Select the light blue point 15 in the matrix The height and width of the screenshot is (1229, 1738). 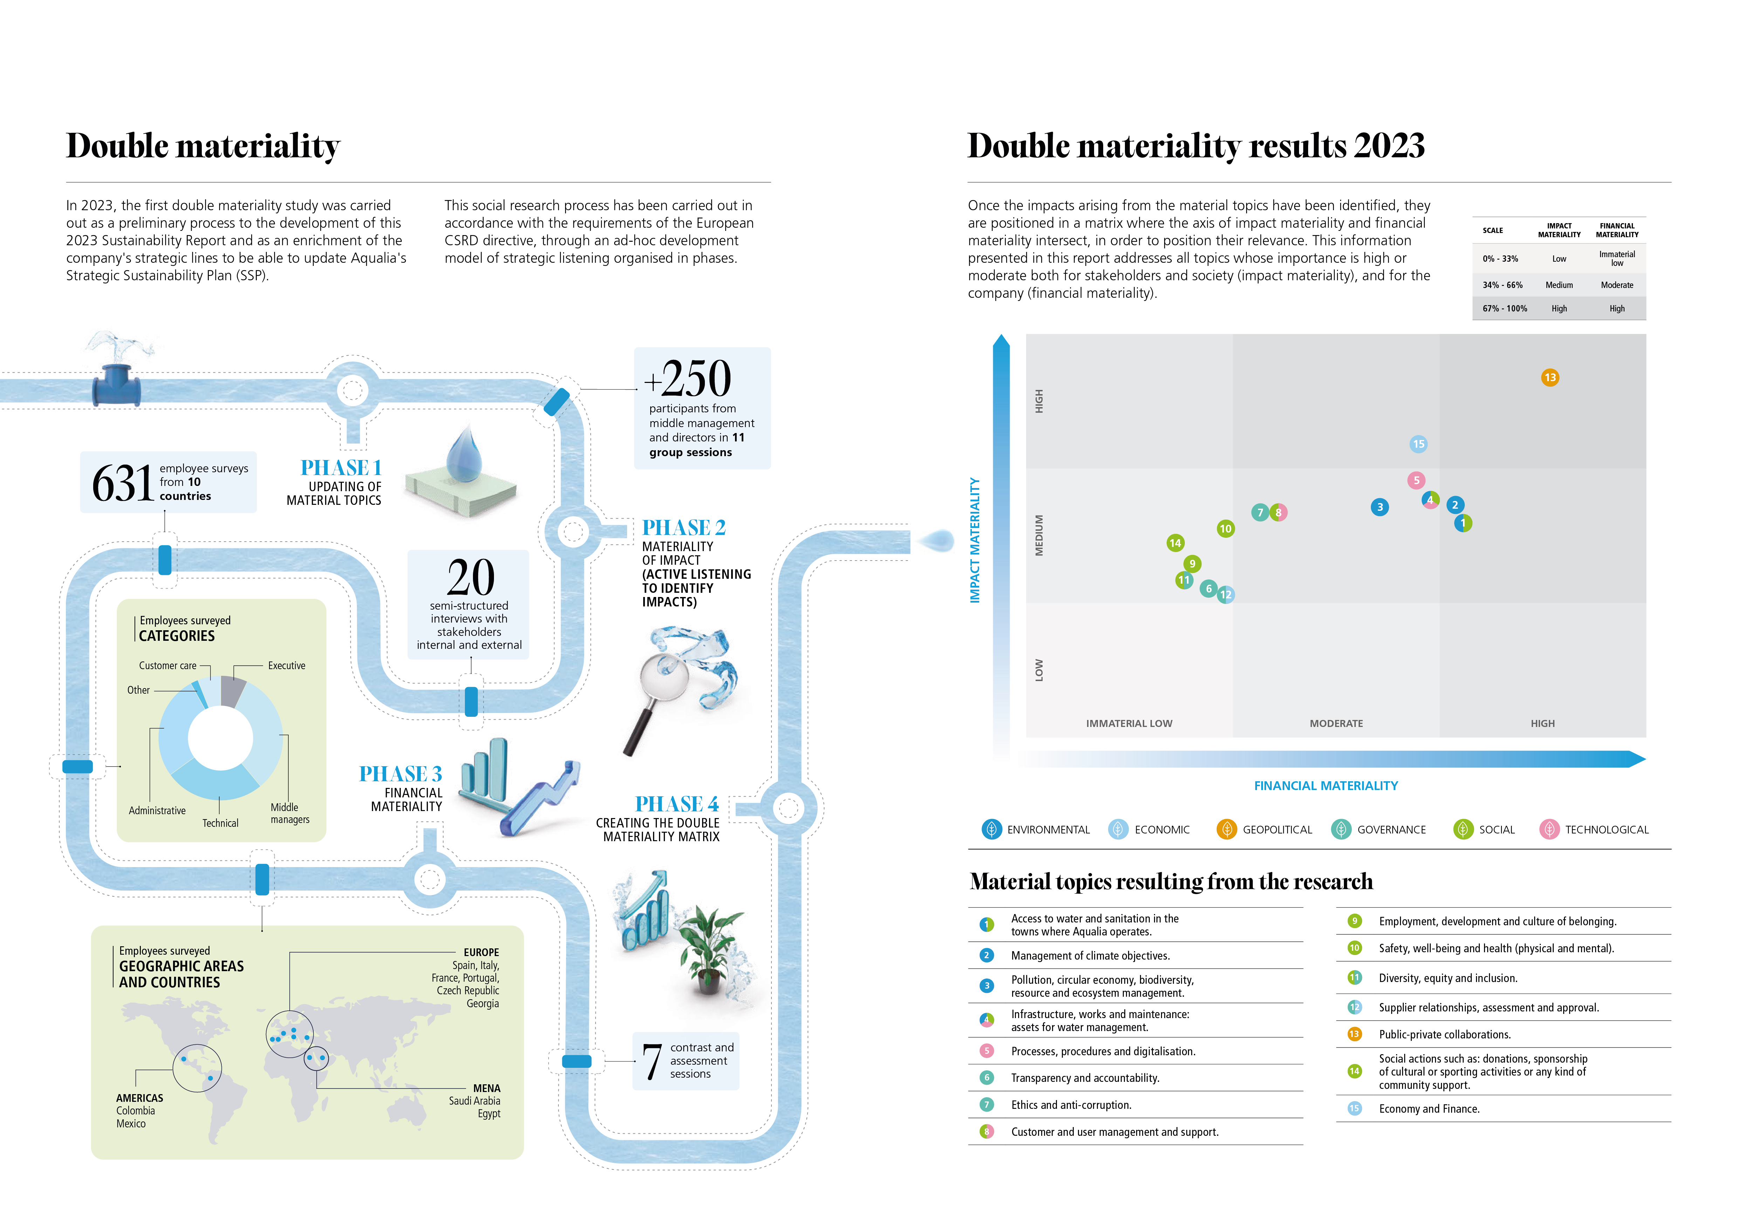tap(1418, 444)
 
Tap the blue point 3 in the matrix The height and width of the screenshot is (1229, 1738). tap(1379, 507)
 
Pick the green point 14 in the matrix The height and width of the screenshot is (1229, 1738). tap(1175, 543)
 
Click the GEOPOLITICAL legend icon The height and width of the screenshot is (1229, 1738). tap(1226, 829)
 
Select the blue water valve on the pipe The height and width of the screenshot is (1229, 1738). tap(117, 386)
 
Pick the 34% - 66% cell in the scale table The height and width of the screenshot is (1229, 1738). tap(1502, 285)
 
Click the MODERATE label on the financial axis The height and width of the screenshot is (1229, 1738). tap(1336, 723)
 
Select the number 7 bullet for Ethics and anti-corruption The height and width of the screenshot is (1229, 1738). tap(986, 1105)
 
